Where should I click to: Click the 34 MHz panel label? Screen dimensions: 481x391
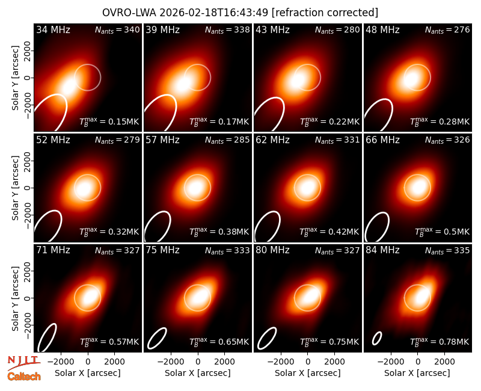tap(53, 29)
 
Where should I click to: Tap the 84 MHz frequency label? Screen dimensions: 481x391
tap(382, 250)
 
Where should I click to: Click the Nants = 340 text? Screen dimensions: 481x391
tap(117, 29)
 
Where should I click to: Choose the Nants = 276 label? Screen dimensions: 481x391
tap(447, 29)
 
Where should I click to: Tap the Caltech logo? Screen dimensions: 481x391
tap(24, 377)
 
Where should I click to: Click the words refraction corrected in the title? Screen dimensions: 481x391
tap(325, 13)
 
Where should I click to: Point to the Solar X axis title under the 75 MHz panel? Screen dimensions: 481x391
tap(198, 373)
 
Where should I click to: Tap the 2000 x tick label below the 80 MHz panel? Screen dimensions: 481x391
tap(334, 362)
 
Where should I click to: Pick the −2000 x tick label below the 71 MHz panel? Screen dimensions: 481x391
tap(61, 362)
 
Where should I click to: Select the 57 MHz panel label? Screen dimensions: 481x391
tap(162, 140)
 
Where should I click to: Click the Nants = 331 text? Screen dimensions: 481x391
tap(337, 140)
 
